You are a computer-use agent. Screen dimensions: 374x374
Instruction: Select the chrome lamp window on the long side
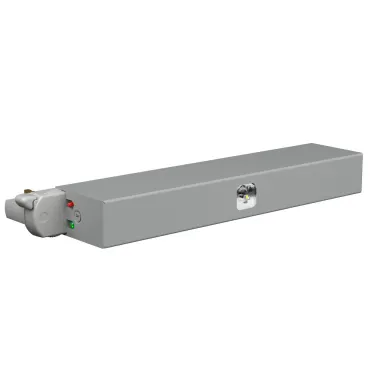(x=244, y=196)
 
